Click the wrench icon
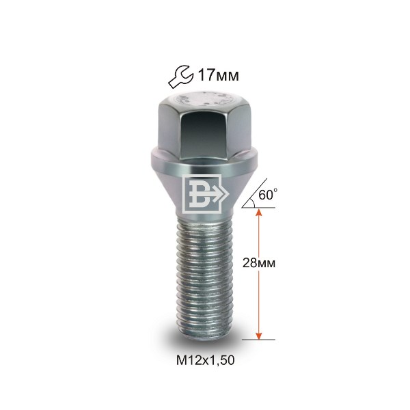180,77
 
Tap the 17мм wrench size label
219,76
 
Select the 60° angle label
268,195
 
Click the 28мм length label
259,263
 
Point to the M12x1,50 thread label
205,361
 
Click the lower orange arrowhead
258,335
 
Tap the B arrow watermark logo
204,193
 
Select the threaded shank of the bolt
204,279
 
